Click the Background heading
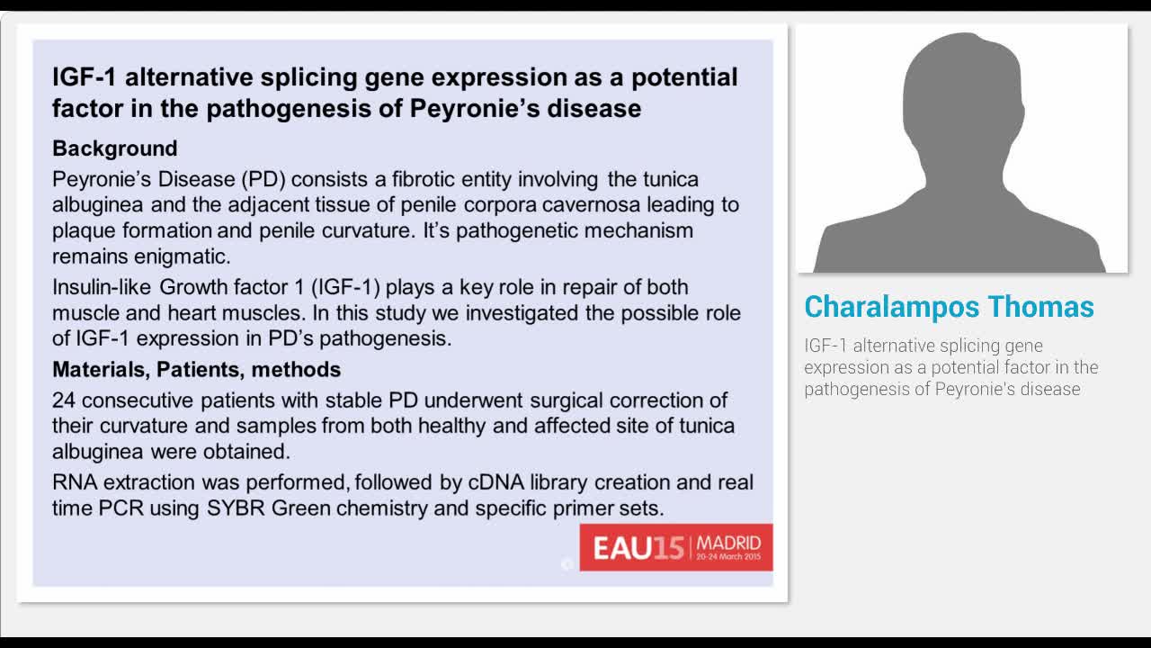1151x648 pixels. click(x=114, y=148)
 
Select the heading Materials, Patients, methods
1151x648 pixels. click(x=196, y=369)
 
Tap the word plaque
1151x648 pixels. click(x=83, y=230)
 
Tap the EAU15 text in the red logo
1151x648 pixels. click(x=638, y=548)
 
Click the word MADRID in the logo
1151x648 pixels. click(x=728, y=543)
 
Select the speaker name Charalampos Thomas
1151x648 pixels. click(x=949, y=307)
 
